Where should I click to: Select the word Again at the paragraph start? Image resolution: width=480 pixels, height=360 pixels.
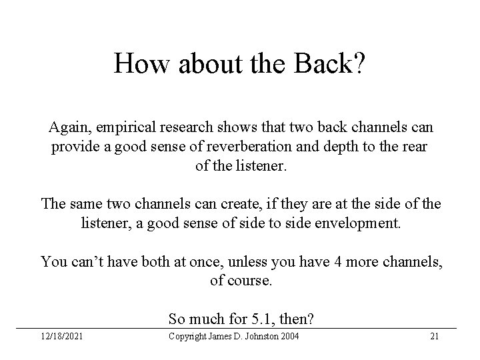point(68,127)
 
